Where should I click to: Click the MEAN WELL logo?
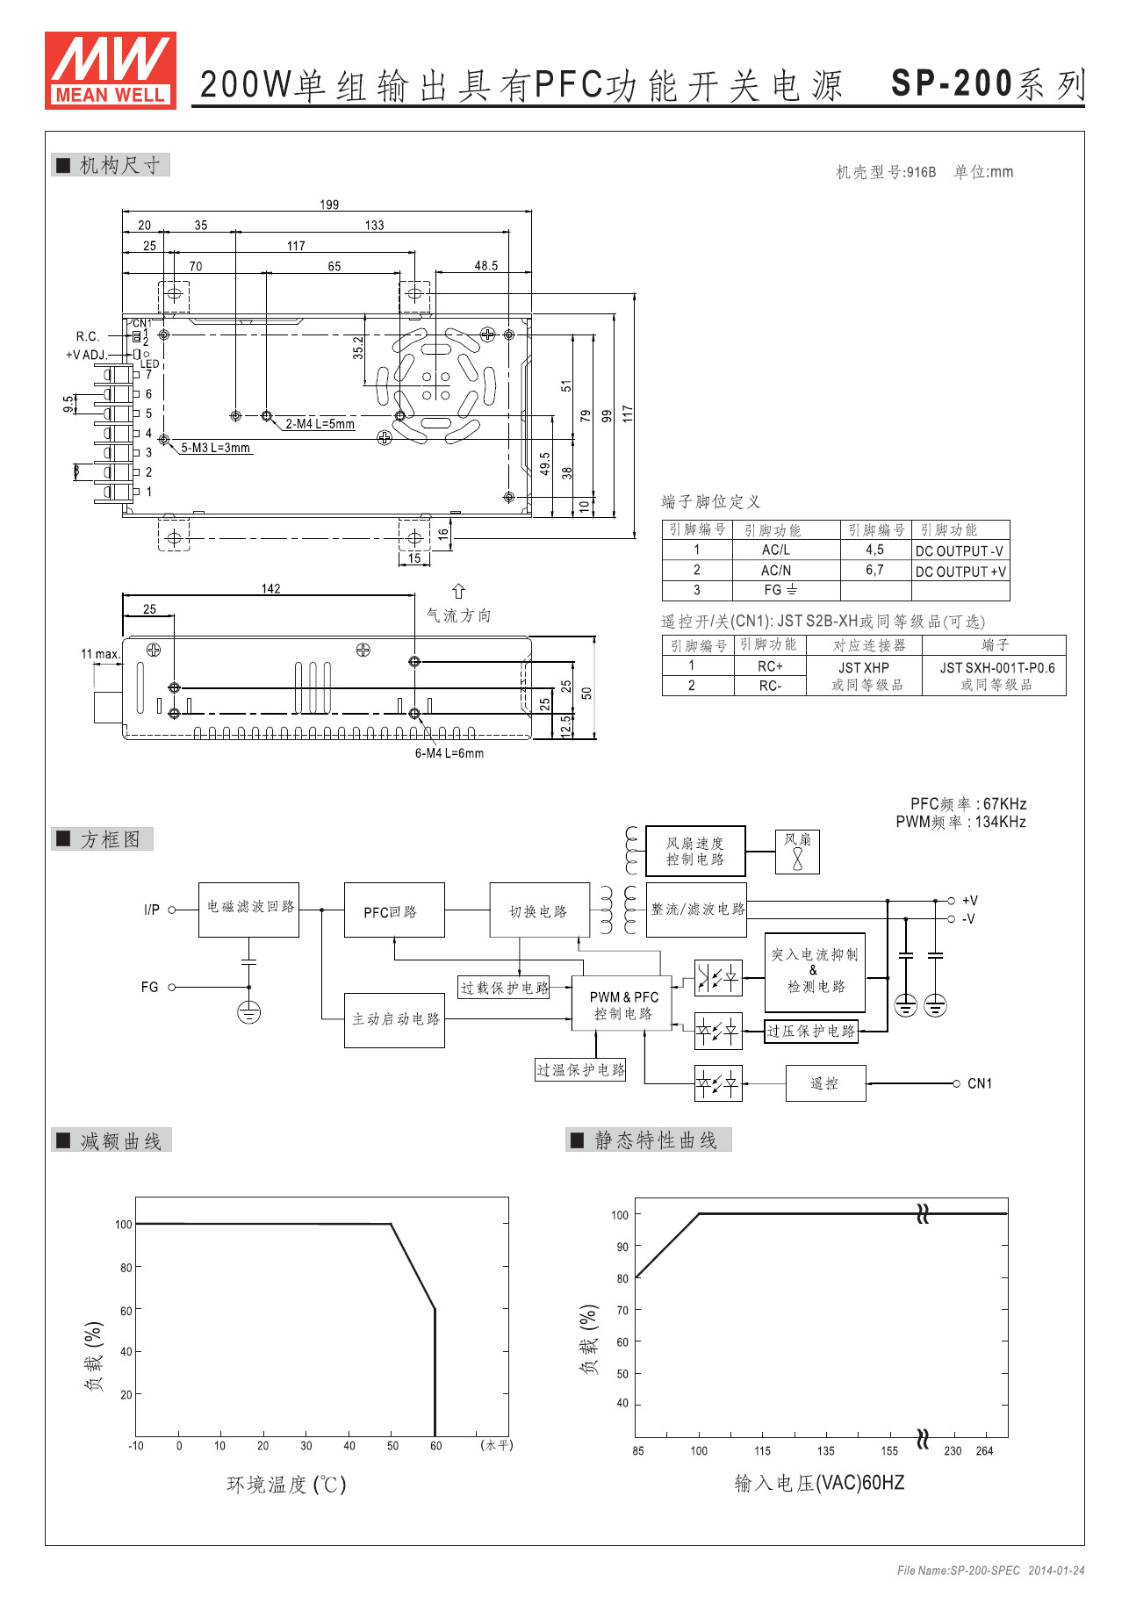[x=111, y=70]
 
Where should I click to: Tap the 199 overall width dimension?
[x=329, y=205]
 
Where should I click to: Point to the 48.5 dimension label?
[x=485, y=265]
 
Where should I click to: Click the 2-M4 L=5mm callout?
[x=320, y=424]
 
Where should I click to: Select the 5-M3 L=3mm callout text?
[x=216, y=448]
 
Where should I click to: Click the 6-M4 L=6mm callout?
[x=449, y=753]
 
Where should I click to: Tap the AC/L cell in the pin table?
[x=776, y=550]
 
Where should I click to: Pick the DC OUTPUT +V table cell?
[x=960, y=572]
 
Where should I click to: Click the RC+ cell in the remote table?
[x=770, y=666]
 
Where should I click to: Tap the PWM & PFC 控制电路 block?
[x=623, y=1005]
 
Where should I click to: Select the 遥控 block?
[x=825, y=1083]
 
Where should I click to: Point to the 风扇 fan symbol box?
[x=797, y=852]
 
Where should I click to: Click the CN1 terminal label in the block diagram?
[x=980, y=1083]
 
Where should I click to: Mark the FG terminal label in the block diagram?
[x=150, y=987]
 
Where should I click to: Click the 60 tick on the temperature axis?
[x=435, y=1445]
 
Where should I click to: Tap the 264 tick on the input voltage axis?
[x=984, y=1451]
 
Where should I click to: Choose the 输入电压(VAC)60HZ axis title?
[x=819, y=1483]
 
